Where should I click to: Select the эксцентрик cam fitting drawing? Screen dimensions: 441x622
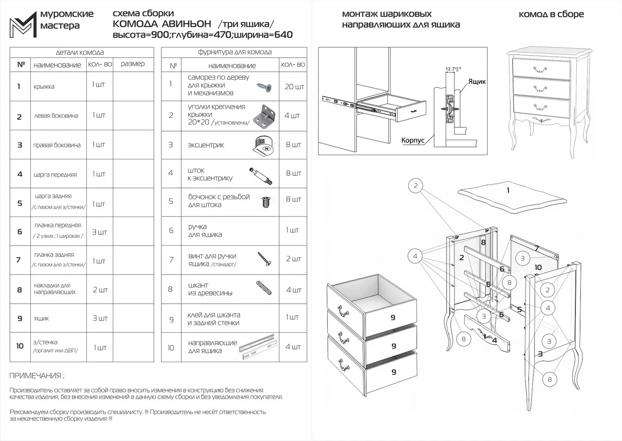[262, 145]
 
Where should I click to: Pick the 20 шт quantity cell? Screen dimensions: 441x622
[294, 87]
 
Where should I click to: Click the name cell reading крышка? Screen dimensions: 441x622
[44, 87]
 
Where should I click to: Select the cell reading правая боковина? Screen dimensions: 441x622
[57, 145]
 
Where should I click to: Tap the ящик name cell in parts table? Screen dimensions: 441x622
[41, 319]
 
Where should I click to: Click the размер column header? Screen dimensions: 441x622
[133, 64]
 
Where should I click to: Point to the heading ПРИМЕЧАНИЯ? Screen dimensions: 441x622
[36, 376]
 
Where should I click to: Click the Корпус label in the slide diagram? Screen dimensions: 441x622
[413, 140]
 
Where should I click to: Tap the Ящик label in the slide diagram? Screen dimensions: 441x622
[477, 82]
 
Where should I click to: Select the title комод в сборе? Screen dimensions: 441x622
[551, 14]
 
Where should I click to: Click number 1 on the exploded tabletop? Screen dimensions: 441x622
[508, 190]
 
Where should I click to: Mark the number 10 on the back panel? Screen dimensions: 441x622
[538, 268]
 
